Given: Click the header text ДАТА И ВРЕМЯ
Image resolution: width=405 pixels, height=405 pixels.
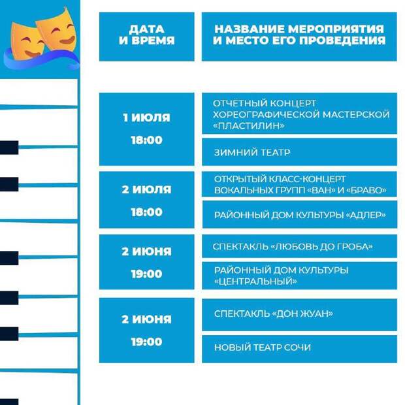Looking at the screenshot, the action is click(x=147, y=35).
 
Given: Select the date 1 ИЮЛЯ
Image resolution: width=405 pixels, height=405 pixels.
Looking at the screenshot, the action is click(x=146, y=118).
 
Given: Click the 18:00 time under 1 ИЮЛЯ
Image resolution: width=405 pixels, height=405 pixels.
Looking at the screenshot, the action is click(x=146, y=140).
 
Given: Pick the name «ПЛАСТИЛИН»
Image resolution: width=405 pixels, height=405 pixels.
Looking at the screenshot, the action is click(x=249, y=126).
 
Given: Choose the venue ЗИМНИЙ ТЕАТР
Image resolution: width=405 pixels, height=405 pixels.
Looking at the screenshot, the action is click(x=252, y=152).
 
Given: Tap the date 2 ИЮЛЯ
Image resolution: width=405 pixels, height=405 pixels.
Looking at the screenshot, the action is click(x=146, y=189).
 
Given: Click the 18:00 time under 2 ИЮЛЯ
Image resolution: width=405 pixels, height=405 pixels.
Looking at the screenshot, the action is click(x=146, y=212).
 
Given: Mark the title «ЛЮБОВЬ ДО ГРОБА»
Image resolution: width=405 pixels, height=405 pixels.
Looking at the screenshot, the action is click(x=321, y=247).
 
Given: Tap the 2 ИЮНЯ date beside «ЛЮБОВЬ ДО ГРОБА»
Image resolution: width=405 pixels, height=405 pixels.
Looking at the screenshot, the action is click(x=146, y=251).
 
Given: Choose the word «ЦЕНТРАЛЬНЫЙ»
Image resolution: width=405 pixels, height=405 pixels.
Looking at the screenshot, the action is click(x=255, y=282).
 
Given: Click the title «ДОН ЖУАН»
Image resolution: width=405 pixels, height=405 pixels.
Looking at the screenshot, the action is click(x=302, y=314).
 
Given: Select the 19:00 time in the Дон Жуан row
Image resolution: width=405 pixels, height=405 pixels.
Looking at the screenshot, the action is click(x=146, y=342).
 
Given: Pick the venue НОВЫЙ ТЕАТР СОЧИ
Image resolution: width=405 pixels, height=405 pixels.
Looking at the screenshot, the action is click(x=263, y=348).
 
